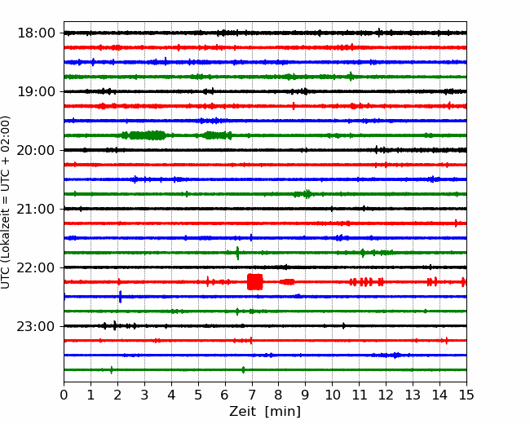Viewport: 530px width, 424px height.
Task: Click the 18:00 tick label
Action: pos(36,33)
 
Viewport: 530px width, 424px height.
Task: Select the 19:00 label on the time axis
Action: pos(36,91)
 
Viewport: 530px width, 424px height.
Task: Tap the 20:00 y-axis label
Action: pos(36,150)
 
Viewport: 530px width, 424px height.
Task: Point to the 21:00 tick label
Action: pos(36,209)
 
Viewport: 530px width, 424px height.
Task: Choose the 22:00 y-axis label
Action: pos(36,267)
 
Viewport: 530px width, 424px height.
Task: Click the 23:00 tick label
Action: pos(36,326)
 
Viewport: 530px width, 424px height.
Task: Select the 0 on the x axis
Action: pos(64,395)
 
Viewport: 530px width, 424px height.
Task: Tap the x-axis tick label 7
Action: pos(252,395)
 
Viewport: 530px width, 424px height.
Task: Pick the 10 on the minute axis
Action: pos(332,395)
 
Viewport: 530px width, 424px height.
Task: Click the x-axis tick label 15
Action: pos(466,395)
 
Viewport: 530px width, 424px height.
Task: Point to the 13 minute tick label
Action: pos(413,395)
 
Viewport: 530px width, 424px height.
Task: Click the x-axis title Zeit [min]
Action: pos(265,412)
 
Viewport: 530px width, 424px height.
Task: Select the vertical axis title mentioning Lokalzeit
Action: pos(5,202)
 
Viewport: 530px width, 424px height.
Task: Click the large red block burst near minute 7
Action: pos(255,281)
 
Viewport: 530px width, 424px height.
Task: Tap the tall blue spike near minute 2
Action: pos(121,297)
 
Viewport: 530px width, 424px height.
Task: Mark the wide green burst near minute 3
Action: pos(144,135)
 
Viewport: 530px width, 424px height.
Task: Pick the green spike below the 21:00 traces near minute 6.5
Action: pos(237,253)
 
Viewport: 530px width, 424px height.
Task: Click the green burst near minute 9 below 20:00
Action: pos(303,194)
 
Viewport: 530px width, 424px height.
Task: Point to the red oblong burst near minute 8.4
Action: pos(287,281)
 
